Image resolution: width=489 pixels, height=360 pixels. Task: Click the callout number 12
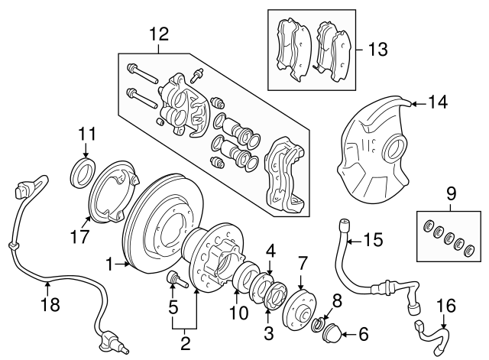(x=158, y=34)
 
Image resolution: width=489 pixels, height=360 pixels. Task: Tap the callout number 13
(x=377, y=50)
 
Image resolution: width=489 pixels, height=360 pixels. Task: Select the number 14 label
(x=437, y=102)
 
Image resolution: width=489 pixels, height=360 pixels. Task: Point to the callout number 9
(x=451, y=193)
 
